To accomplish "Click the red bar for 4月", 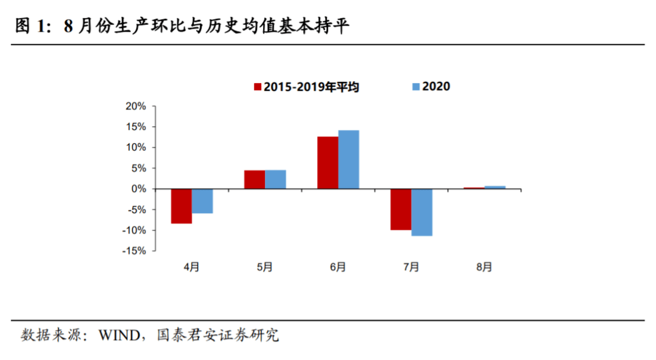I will (181, 206).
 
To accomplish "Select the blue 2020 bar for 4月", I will (202, 201).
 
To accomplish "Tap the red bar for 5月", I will (255, 180).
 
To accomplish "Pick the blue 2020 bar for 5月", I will (275, 180).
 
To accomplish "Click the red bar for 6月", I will (327, 163).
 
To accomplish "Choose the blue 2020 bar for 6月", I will (349, 160).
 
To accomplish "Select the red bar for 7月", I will (401, 209).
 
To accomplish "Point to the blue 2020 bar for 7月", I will (422, 212).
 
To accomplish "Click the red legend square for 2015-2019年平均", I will (258, 87).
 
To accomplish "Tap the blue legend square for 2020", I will (415, 87).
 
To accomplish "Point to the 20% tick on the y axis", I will (136, 106).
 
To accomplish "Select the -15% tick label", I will (135, 251).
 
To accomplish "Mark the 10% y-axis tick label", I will (136, 148).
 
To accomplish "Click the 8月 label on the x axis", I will (484, 267).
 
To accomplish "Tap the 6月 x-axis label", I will (338, 267).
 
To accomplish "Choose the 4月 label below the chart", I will (191, 267).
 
